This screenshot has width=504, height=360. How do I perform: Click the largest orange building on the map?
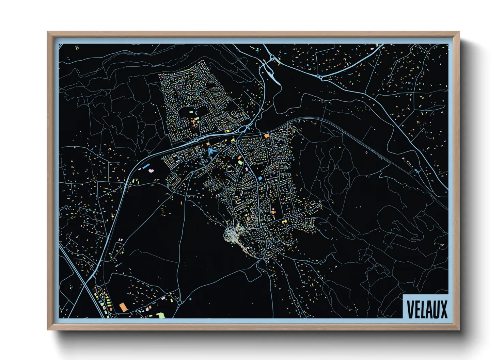(x=123, y=307)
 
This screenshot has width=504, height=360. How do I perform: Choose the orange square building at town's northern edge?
(x=267, y=135)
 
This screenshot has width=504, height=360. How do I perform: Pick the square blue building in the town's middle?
(x=260, y=178)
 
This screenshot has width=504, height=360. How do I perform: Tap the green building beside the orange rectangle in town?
(x=240, y=162)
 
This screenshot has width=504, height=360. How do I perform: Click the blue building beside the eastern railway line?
(x=416, y=171)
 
